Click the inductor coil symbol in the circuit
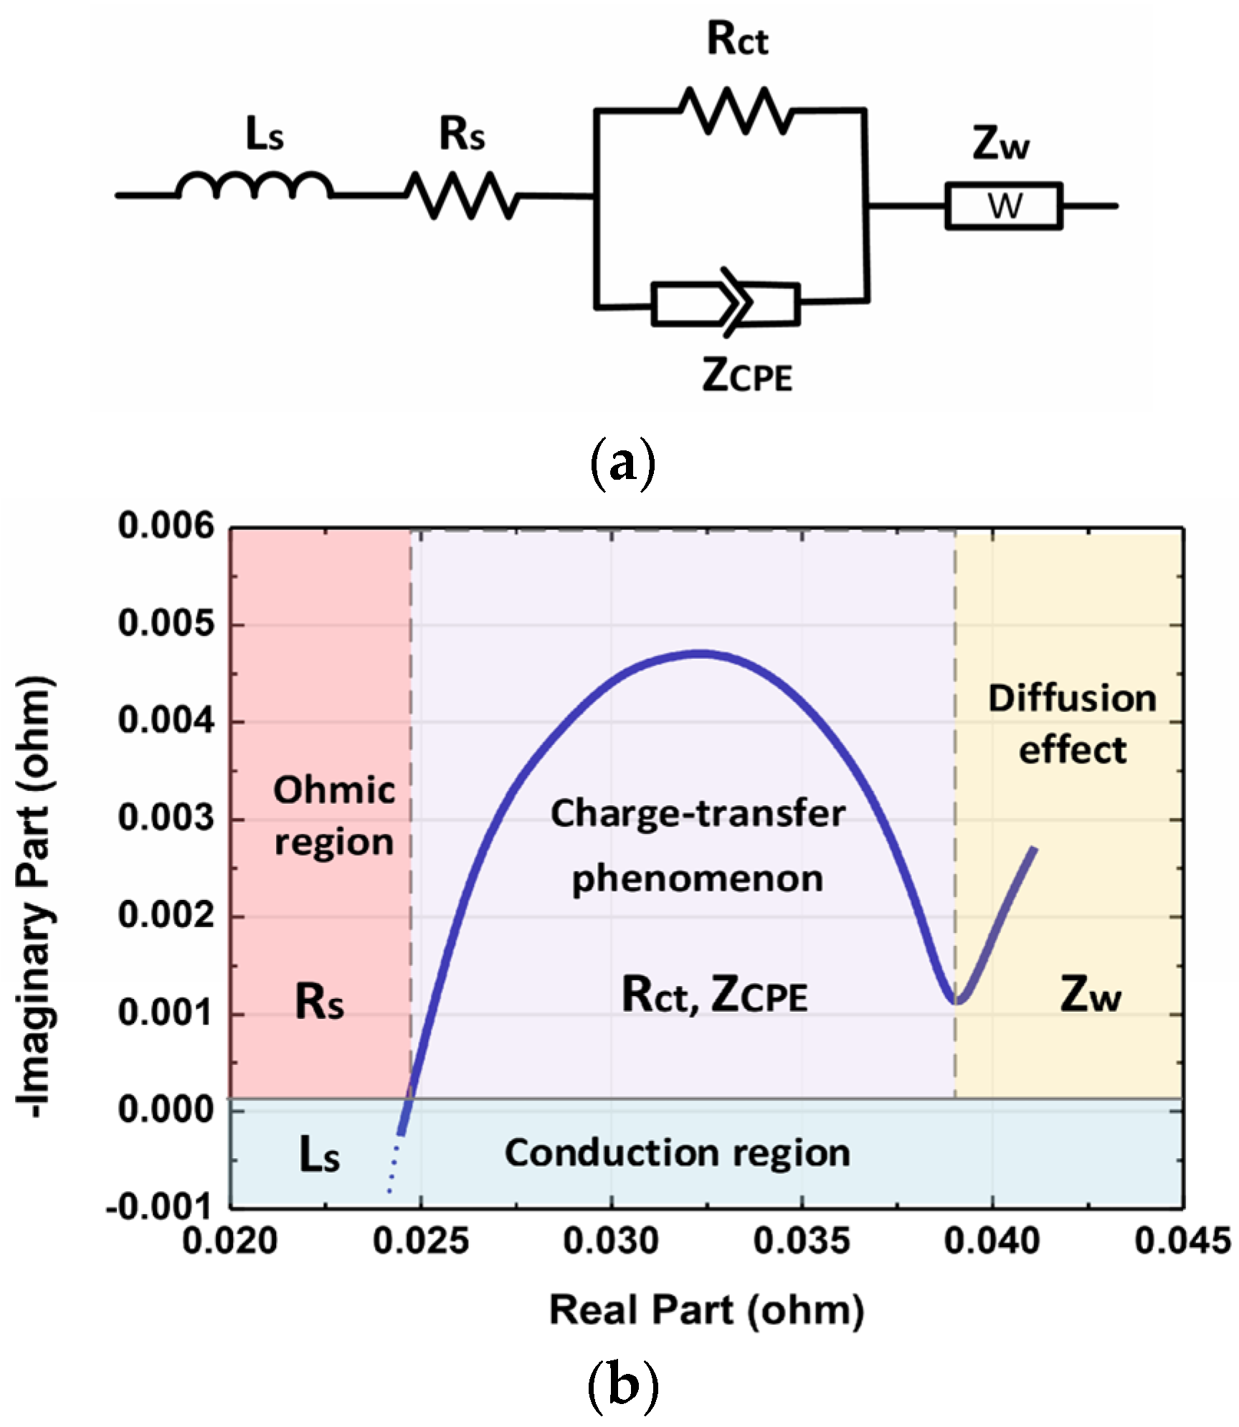(x=255, y=186)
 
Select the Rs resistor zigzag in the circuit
(x=462, y=195)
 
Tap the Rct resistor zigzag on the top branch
(x=736, y=110)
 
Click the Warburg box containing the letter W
(x=1003, y=207)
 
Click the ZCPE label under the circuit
(x=747, y=375)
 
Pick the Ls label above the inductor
(x=265, y=134)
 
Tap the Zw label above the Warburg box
(x=1001, y=143)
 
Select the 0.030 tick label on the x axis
(x=611, y=1241)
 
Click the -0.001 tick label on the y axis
(x=160, y=1208)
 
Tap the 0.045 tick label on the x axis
(x=1182, y=1241)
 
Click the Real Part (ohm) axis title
(x=706, y=1310)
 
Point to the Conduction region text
(x=677, y=1153)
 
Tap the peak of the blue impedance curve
(x=701, y=653)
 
